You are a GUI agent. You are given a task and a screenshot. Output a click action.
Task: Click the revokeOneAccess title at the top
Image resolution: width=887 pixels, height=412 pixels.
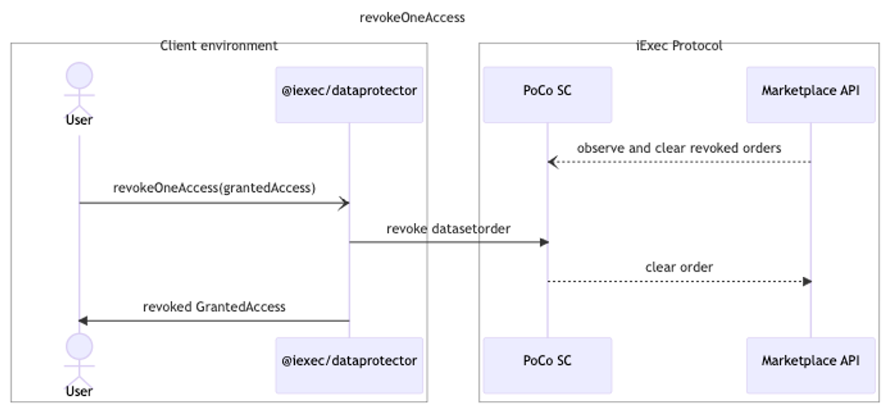[x=412, y=18]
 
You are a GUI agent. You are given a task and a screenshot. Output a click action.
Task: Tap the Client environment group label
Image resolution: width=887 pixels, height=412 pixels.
[x=219, y=46]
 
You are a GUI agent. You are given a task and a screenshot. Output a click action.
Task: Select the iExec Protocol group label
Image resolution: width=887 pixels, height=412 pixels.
[x=679, y=46]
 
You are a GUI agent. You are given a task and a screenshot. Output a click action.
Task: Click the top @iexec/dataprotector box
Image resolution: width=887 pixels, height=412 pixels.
[x=349, y=95]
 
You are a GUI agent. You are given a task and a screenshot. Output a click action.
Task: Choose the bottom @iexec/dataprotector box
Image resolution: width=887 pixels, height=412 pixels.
[x=349, y=365]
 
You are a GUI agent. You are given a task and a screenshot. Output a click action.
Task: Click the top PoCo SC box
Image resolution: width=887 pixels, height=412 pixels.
[x=547, y=95]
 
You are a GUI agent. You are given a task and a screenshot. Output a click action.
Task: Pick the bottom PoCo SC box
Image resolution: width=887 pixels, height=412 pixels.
[x=547, y=365]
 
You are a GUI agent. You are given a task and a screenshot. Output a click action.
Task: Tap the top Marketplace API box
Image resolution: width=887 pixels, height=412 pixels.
[x=811, y=95]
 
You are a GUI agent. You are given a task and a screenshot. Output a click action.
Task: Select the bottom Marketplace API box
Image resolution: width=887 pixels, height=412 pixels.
[x=811, y=365]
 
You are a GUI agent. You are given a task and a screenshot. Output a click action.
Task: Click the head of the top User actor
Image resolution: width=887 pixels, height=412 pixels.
[x=79, y=75]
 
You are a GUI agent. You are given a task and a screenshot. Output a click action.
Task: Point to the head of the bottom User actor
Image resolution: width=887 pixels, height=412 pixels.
[x=79, y=346]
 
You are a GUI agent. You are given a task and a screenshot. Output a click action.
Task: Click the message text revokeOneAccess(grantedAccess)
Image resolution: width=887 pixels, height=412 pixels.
[x=214, y=188]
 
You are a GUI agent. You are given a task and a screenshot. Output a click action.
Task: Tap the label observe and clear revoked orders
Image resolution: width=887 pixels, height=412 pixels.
[x=679, y=148]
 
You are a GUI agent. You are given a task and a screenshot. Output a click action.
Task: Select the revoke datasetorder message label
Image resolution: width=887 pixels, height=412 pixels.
[x=448, y=229]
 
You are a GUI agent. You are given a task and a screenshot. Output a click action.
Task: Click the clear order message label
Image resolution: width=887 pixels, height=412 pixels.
[x=679, y=267]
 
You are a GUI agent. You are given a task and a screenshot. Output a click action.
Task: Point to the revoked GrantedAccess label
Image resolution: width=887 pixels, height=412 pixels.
[x=214, y=307]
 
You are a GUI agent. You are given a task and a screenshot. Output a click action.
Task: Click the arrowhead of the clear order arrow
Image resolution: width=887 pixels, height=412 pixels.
[x=807, y=281]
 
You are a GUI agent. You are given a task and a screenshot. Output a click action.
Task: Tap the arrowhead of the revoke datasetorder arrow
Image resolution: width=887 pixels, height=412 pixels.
[x=544, y=242]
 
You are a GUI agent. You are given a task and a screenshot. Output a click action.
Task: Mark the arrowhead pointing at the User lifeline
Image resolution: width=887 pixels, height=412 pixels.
[x=83, y=320]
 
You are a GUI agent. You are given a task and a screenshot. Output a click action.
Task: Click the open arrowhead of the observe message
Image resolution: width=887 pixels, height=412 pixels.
[x=553, y=162]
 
